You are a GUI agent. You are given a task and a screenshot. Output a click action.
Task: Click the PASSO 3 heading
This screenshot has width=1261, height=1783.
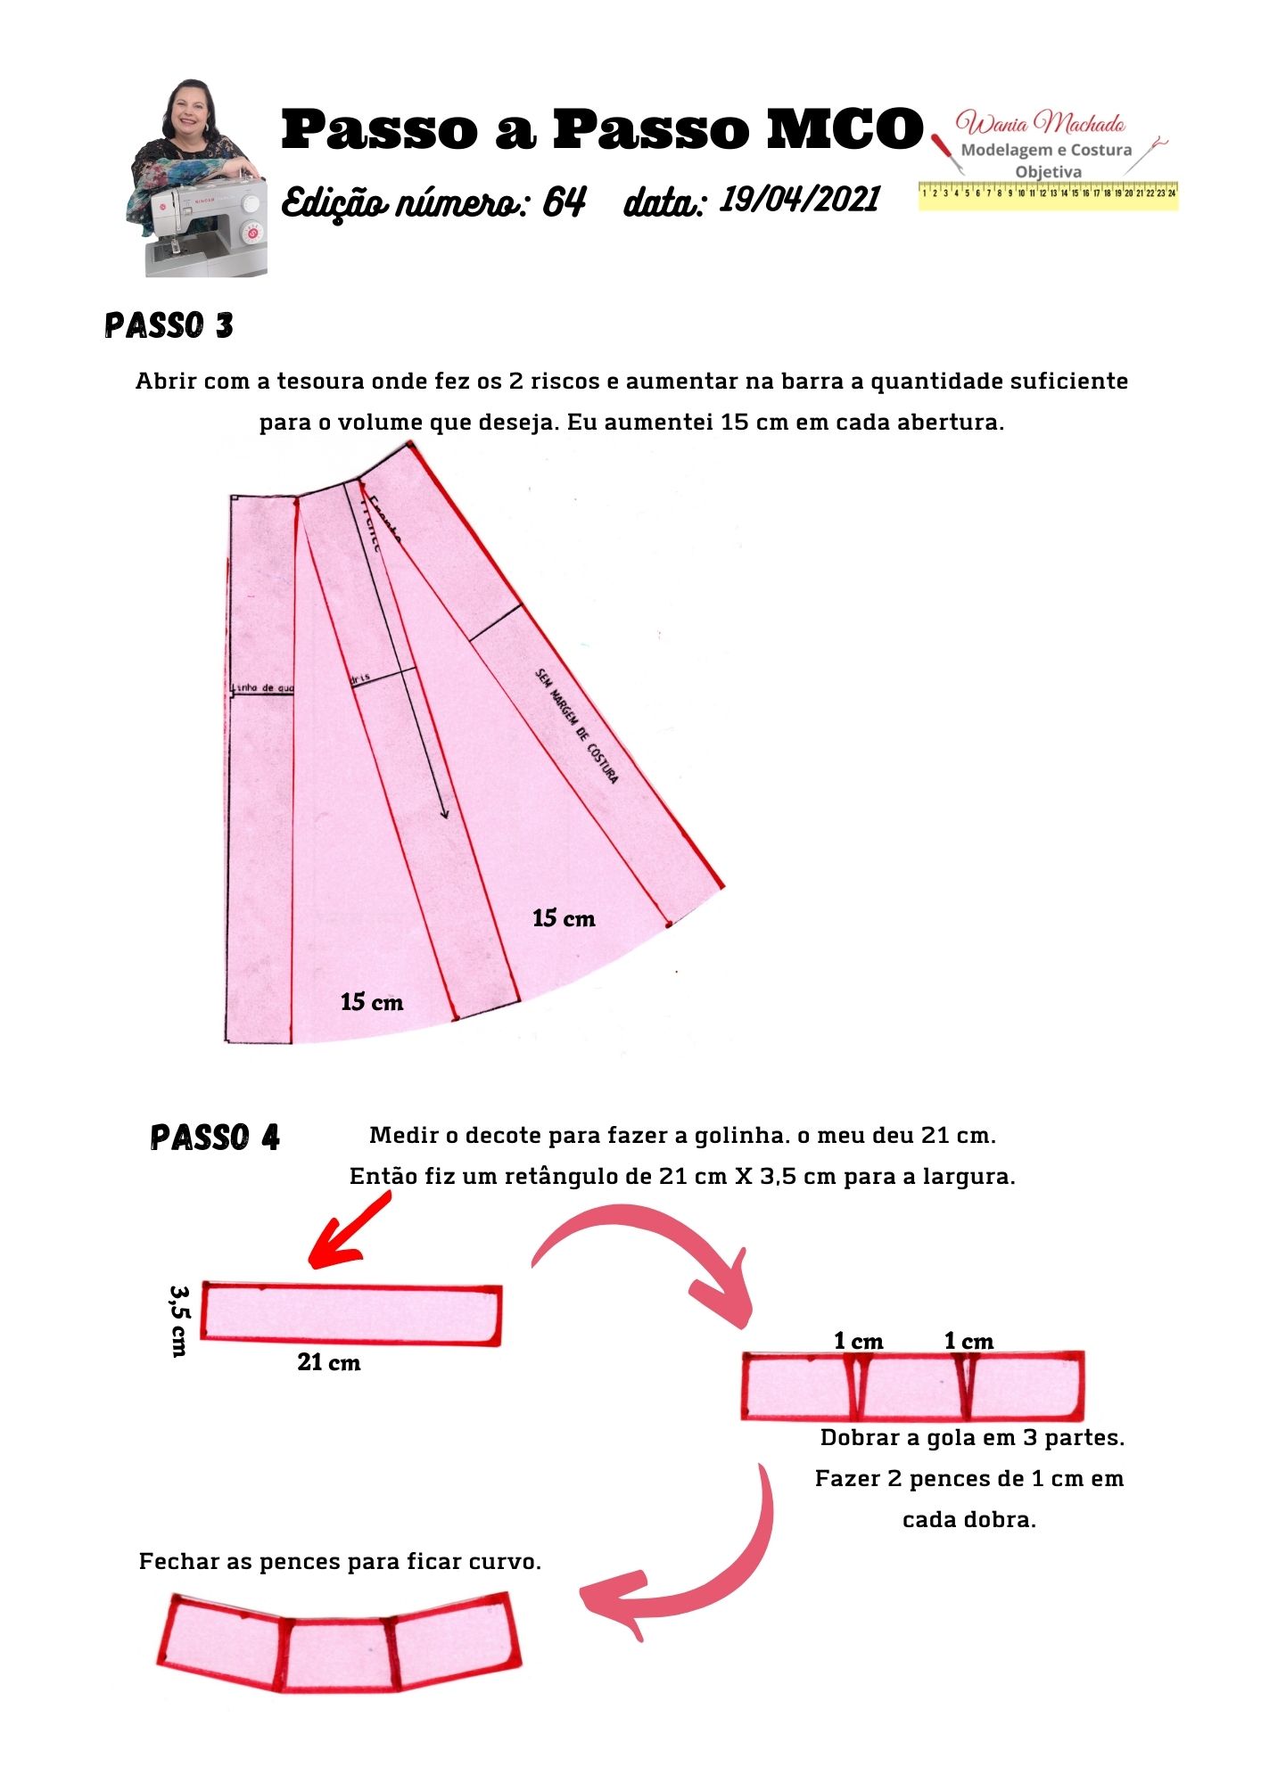pyautogui.click(x=169, y=325)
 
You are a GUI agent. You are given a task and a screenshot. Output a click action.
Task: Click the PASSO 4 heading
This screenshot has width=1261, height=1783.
pyautogui.click(x=215, y=1138)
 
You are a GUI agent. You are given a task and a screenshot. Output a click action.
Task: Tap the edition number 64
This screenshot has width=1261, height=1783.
pyautogui.click(x=564, y=203)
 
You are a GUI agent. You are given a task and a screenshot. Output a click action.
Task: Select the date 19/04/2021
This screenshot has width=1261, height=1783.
pyautogui.click(x=800, y=200)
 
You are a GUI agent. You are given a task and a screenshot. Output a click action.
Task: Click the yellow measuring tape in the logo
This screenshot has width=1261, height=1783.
pyautogui.click(x=1048, y=194)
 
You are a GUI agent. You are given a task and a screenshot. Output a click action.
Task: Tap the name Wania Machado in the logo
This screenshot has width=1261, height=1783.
pyautogui.click(x=1040, y=123)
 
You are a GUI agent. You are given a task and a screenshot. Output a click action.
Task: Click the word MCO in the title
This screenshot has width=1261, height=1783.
pyautogui.click(x=845, y=129)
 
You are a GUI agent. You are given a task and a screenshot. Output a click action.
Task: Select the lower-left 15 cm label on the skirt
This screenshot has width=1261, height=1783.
pyautogui.click(x=372, y=1002)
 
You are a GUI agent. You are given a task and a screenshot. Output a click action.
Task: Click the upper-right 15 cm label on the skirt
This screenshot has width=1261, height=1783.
pyautogui.click(x=564, y=918)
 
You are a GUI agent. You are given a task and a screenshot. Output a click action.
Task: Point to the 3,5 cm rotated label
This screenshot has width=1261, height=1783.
pyautogui.click(x=179, y=1319)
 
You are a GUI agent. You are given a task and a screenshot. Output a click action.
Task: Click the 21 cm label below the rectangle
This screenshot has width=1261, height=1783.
pyautogui.click(x=329, y=1362)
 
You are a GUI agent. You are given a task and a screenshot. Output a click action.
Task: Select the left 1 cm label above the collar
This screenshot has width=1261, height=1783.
pyautogui.click(x=858, y=1341)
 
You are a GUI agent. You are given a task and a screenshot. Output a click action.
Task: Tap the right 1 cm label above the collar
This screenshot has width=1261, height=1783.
pyautogui.click(x=968, y=1341)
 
